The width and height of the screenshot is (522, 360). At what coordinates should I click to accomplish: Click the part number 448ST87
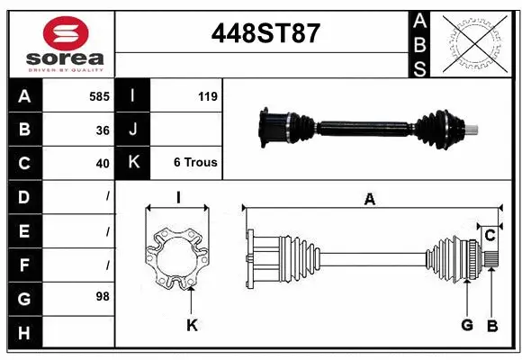pyautogui.click(x=265, y=34)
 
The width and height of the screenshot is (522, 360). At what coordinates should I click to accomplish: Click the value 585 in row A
pyautogui.click(x=99, y=96)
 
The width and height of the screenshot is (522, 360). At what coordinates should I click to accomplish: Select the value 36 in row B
pyautogui.click(x=102, y=130)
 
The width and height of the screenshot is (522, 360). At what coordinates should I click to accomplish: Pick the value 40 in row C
pyautogui.click(x=102, y=164)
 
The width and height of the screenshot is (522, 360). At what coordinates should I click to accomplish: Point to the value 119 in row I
pyautogui.click(x=207, y=96)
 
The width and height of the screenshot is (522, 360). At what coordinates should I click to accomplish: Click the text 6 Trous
pyautogui.click(x=195, y=163)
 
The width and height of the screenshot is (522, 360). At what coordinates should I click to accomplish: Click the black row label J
pyautogui.click(x=133, y=130)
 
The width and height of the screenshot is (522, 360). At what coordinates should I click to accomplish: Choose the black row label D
pyautogui.click(x=23, y=197)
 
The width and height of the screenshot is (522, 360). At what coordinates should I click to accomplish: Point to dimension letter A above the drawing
pyautogui.click(x=369, y=200)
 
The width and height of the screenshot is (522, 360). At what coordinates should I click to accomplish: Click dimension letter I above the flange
pyautogui.click(x=178, y=199)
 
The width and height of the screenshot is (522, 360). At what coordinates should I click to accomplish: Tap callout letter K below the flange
pyautogui.click(x=192, y=326)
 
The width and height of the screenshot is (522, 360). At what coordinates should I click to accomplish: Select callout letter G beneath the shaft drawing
pyautogui.click(x=466, y=325)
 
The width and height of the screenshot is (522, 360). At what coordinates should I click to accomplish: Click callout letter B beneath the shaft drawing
pyautogui.click(x=491, y=325)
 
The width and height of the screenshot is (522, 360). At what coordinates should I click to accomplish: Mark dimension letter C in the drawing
pyautogui.click(x=490, y=236)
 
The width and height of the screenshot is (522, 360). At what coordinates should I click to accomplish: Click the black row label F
pyautogui.click(x=23, y=265)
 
